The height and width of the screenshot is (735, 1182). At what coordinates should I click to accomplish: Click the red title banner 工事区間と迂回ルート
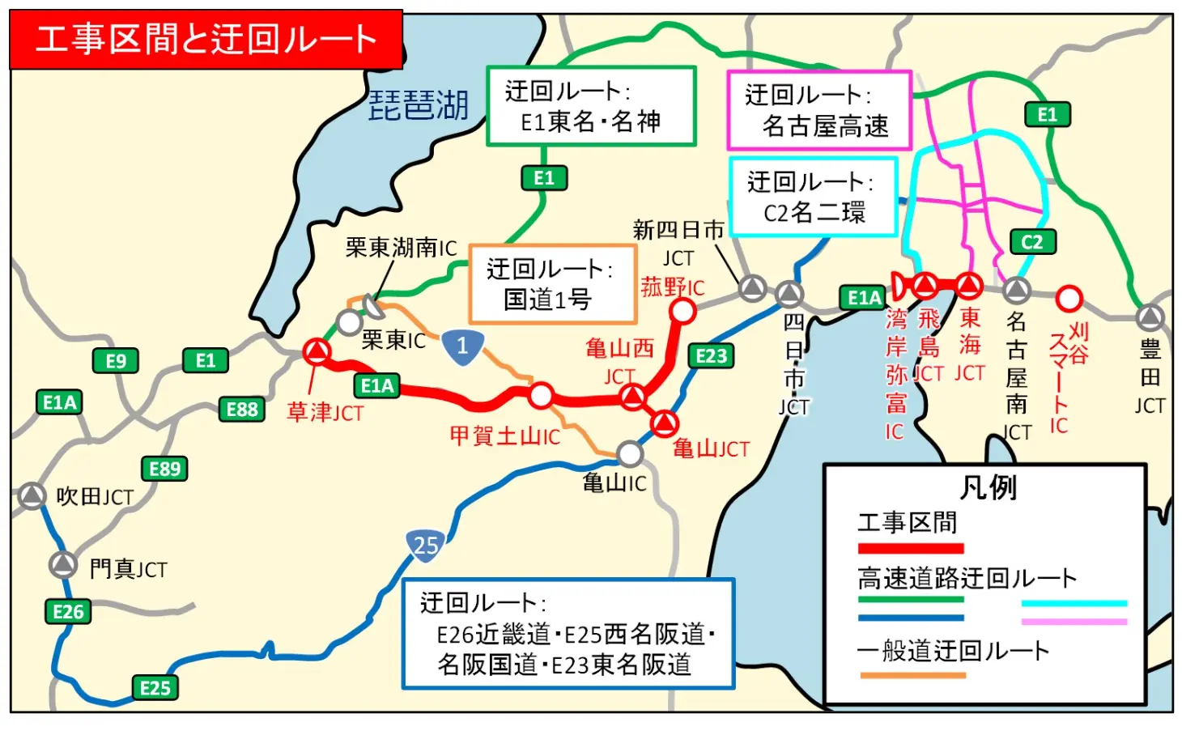coord(206,39)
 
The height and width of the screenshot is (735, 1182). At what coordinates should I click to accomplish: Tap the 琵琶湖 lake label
coord(419,105)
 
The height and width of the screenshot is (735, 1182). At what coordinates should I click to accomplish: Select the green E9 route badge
coord(116,361)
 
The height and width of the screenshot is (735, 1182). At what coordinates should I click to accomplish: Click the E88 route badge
coord(242,410)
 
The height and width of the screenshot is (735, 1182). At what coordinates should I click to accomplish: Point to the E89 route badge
coord(165,469)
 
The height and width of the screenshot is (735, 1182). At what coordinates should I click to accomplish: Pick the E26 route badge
coord(68,612)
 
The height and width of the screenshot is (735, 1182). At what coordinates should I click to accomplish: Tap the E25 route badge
coord(155,688)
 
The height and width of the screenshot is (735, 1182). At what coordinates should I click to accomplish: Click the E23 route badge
coord(712,355)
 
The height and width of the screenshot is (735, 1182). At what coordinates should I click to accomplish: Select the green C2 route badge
coord(1032,242)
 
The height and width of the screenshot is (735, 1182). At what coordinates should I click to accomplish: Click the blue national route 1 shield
coord(462,347)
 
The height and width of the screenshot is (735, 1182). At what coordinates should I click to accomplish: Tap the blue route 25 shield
coord(426,546)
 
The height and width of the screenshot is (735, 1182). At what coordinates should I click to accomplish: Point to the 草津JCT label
coord(325,413)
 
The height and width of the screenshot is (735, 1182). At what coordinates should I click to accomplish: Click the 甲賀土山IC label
coord(505,436)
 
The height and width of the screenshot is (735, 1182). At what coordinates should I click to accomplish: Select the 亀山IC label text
coord(614,483)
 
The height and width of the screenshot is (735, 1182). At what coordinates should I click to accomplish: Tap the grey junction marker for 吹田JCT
coord(32,495)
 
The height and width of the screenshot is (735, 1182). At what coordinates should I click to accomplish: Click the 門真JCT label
coord(128,569)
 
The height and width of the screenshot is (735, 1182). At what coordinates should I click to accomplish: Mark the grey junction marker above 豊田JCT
coord(1150,317)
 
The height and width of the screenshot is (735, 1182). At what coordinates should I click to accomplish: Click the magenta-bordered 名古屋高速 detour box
coord(819,111)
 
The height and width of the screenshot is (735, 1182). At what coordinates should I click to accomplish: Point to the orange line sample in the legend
coord(912,674)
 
